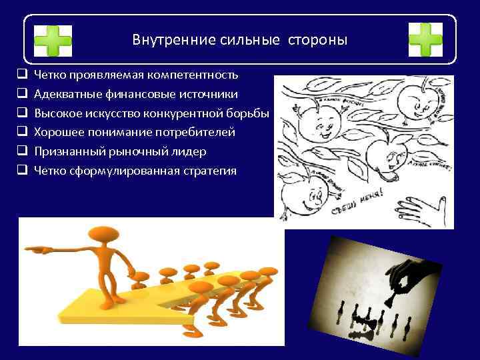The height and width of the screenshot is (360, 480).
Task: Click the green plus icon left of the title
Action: (x=53, y=40)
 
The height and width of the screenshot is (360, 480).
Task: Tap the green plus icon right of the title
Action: (x=425, y=40)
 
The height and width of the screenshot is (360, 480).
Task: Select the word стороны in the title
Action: (x=318, y=40)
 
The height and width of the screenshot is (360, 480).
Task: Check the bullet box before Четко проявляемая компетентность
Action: (x=22, y=74)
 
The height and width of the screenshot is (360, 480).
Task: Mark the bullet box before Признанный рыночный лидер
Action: (x=22, y=151)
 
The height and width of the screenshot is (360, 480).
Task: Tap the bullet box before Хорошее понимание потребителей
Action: (x=22, y=132)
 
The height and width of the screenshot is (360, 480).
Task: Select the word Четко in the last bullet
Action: (x=49, y=171)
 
